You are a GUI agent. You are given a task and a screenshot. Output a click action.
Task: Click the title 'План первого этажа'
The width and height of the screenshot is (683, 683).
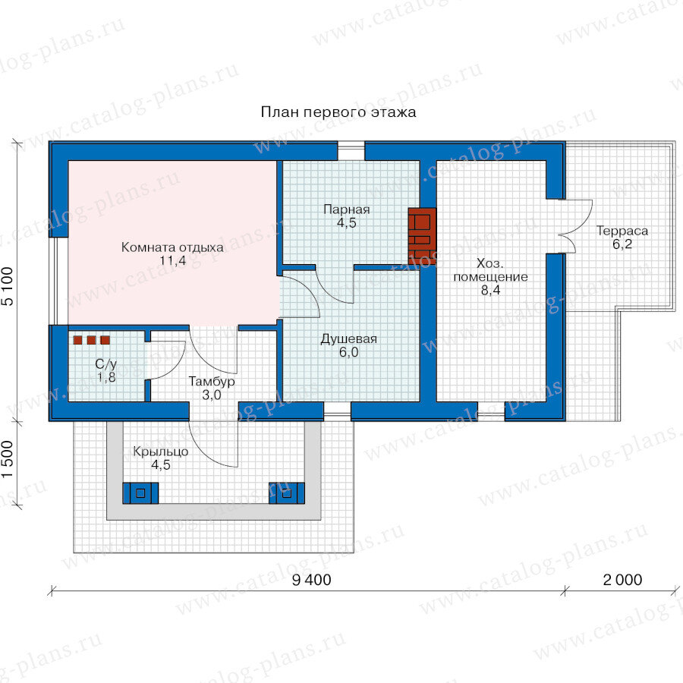pos(338,112)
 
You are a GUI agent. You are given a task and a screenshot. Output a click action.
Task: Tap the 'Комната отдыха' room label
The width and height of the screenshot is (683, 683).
pos(172,247)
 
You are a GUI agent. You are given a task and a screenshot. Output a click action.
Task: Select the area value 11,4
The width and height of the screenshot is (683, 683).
pos(173,261)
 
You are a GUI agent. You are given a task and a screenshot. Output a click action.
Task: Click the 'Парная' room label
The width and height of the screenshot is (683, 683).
pos(347,209)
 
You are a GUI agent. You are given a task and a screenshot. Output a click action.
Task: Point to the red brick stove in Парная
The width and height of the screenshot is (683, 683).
pos(422,236)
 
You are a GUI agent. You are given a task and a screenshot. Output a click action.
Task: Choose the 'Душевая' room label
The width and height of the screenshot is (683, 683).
pos(349,339)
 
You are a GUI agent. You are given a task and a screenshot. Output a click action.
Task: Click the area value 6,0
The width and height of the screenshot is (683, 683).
pos(349,352)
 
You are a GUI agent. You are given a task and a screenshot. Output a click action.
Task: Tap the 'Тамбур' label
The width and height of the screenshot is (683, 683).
pos(212,382)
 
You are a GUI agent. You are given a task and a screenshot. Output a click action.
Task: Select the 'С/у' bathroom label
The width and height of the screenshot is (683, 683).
pos(105,364)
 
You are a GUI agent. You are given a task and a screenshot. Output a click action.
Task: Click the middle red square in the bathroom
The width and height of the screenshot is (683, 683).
pos(91,340)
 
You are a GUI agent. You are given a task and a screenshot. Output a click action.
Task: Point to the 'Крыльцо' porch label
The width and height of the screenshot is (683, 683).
pos(161,452)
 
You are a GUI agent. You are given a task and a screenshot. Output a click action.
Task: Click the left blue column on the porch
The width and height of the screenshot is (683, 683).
pos(140,493)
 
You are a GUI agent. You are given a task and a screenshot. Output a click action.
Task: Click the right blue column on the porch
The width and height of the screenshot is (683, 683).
pos(287,493)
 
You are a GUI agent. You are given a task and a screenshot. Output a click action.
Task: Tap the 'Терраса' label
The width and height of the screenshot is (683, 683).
pos(622,231)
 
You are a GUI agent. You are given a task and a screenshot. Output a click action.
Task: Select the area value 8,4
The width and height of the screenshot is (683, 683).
pos(491,290)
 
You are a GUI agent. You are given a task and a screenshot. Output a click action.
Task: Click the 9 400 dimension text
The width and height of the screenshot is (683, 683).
pos(311,581)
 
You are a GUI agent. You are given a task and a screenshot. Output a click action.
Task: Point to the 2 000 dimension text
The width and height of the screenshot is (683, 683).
pos(622,581)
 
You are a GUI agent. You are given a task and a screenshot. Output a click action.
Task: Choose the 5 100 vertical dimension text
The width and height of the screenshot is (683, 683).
pos(8,286)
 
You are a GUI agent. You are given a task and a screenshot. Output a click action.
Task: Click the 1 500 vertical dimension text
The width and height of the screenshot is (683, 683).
pos(8,459)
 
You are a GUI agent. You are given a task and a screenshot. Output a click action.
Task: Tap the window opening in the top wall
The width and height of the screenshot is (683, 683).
pos(351,151)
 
